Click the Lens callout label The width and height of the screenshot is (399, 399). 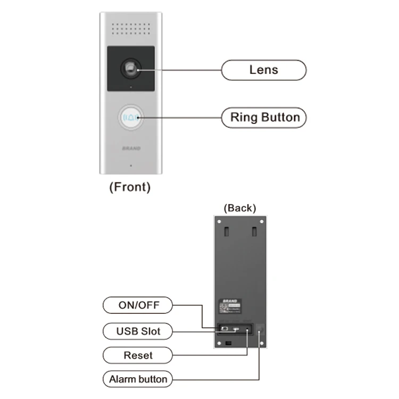coord(263,70)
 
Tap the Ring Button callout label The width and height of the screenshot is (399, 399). coord(264,118)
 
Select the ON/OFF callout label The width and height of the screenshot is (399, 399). coord(138,305)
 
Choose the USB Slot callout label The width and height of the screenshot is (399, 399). coord(138,331)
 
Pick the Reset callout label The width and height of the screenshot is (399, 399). coord(138,355)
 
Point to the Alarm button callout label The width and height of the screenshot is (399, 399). coord(138,379)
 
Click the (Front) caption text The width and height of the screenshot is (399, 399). coord(129,187)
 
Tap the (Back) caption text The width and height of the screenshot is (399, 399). coord(239,207)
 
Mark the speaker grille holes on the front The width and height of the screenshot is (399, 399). coord(130,28)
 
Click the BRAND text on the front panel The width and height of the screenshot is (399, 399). coord(131,148)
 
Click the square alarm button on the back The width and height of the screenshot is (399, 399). coord(260,330)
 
